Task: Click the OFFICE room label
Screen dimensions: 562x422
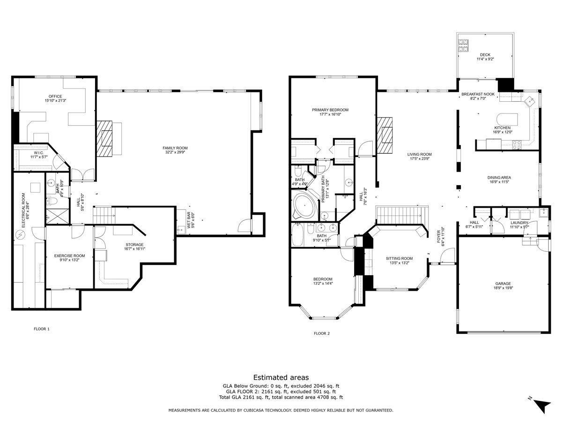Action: point(55,96)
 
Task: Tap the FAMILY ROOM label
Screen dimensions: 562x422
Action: point(175,148)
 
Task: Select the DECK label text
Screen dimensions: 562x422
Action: point(485,54)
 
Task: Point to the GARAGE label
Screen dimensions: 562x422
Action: point(503,283)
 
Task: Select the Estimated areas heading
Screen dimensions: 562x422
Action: point(281,377)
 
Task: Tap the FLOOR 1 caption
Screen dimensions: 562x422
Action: point(42,329)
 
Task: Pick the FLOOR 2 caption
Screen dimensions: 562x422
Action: point(322,333)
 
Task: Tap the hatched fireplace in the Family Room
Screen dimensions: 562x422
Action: point(104,138)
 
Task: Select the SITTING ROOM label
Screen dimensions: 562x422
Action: point(399,258)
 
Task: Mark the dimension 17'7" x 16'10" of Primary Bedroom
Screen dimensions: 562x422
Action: point(330,114)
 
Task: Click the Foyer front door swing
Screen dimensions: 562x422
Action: point(448,255)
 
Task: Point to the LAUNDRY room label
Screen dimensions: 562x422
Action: point(519,223)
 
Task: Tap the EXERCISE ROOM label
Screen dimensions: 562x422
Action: point(70,256)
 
